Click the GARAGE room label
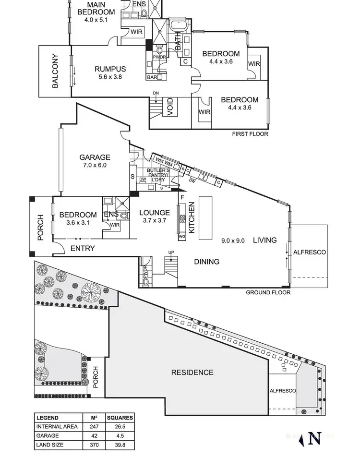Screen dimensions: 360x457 [95, 157]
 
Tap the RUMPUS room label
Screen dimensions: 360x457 [110, 69]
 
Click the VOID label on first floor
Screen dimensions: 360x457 [169, 108]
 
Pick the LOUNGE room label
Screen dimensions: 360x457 [154, 213]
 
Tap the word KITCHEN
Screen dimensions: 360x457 [191, 217]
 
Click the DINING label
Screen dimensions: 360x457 [207, 262]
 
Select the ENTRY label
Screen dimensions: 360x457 [83, 248]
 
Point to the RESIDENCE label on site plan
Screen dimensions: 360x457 [192, 372]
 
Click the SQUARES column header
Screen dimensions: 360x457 [119, 418]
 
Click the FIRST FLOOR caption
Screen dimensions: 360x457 [250, 134]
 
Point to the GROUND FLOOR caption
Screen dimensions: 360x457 [268, 292]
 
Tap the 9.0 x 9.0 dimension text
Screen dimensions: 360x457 [233, 241]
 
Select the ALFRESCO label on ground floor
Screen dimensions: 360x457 [310, 252]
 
